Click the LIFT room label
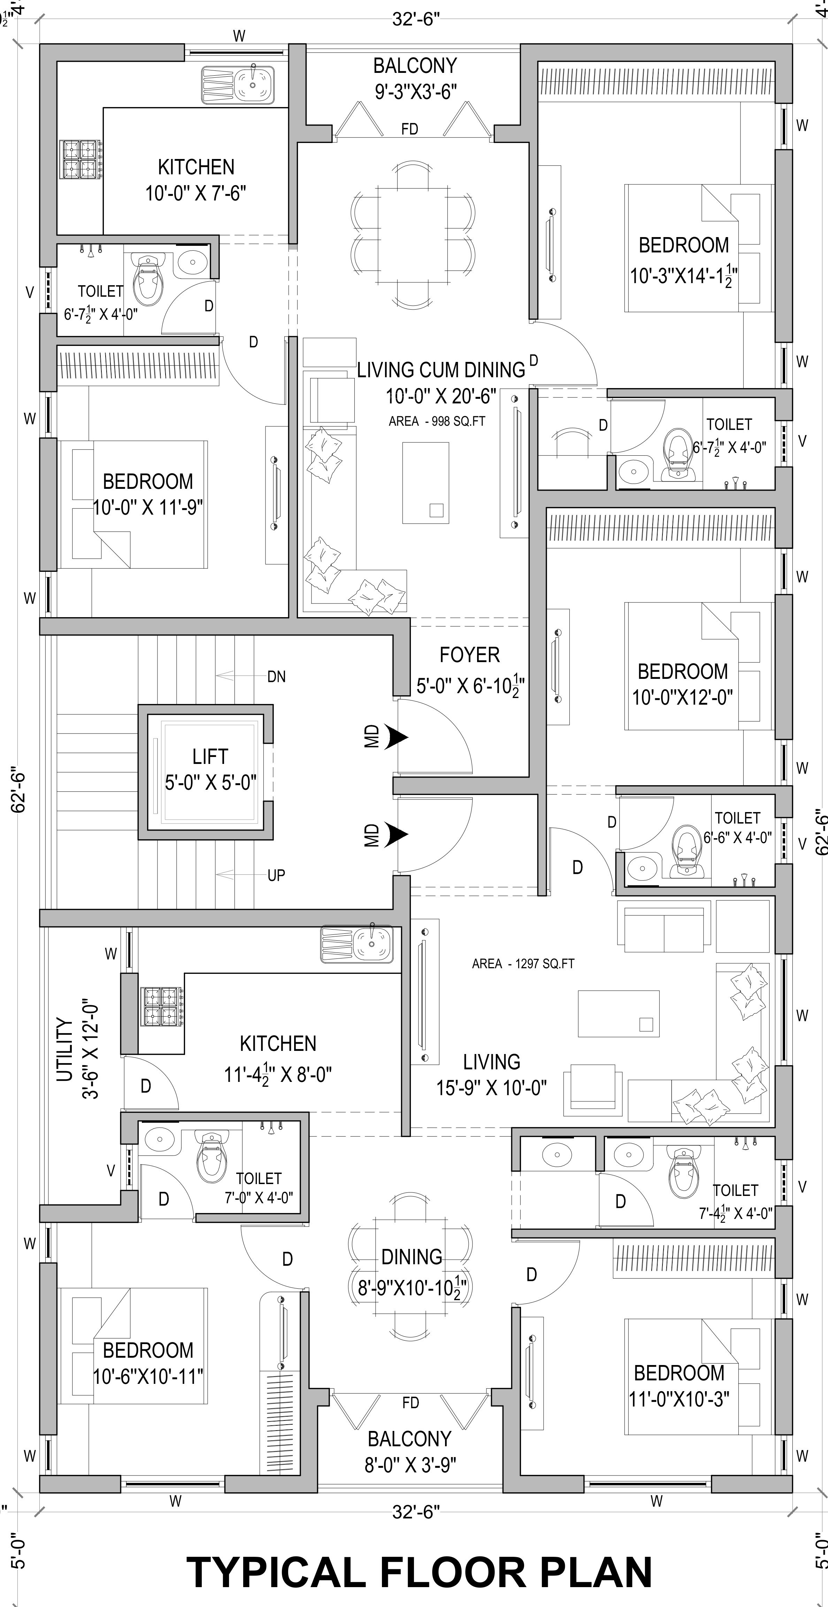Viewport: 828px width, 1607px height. (210, 757)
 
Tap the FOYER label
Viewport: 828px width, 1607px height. (469, 655)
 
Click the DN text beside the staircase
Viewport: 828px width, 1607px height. (276, 677)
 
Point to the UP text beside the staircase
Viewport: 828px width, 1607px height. (276, 875)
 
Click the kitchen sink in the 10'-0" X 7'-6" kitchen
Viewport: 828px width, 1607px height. (254, 84)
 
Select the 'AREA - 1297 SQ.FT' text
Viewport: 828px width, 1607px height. (523, 964)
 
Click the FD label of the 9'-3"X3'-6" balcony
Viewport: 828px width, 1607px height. (409, 130)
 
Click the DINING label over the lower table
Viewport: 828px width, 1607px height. (412, 1257)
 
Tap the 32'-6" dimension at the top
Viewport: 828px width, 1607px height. (416, 20)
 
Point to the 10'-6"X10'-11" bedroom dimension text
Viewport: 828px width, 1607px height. (148, 1377)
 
